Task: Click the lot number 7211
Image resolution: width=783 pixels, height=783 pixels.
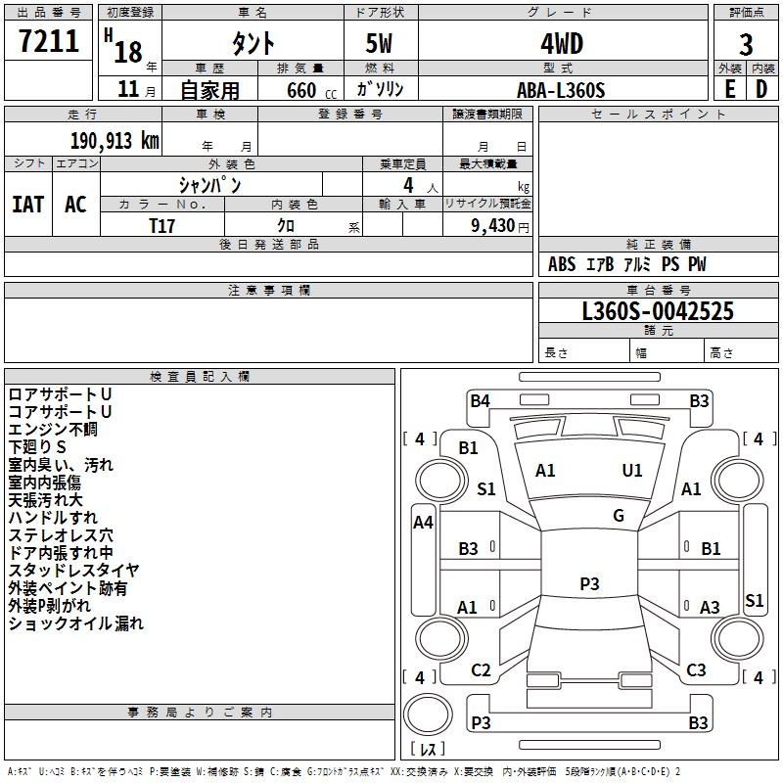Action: click(49, 41)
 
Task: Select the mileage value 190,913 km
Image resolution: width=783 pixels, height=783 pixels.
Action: click(115, 141)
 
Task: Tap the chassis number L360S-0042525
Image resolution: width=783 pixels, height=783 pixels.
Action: click(658, 311)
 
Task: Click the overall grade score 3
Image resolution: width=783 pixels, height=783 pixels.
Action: click(746, 45)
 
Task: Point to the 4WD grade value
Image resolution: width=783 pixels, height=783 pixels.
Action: click(562, 44)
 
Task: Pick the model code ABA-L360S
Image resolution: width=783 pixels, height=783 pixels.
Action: click(561, 90)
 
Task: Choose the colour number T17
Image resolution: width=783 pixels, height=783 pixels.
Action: click(161, 226)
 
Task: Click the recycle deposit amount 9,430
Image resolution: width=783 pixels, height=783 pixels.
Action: click(493, 226)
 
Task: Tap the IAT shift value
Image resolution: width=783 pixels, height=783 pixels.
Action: click(28, 205)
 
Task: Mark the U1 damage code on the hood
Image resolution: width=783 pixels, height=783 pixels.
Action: click(631, 471)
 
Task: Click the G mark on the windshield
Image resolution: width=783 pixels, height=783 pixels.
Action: click(619, 516)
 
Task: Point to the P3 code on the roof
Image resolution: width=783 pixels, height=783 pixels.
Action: click(589, 583)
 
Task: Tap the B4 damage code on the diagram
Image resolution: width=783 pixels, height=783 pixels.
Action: click(480, 401)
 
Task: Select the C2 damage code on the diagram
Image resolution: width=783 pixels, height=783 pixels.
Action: click(481, 670)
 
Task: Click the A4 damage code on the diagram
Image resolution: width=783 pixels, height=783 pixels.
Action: click(423, 523)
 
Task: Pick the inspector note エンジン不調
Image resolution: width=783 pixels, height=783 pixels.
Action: click(53, 430)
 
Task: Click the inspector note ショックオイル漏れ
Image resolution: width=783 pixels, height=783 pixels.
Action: click(76, 623)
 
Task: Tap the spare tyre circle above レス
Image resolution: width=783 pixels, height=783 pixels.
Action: click(428, 714)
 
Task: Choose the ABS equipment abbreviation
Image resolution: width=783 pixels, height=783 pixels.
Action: click(562, 264)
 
